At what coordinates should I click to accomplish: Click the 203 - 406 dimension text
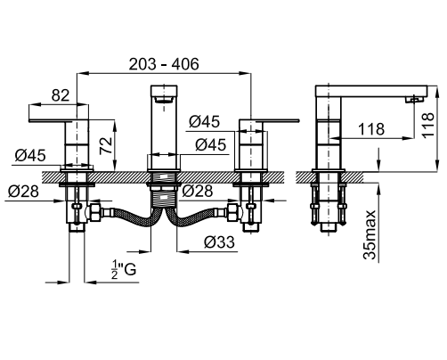(164, 64)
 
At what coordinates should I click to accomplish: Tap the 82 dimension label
(61, 95)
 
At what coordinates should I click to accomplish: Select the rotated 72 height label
(106, 145)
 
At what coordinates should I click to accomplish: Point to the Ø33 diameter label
(219, 242)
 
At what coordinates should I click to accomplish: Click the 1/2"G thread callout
(124, 269)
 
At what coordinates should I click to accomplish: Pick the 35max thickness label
(370, 234)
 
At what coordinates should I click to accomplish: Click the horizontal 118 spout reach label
(371, 129)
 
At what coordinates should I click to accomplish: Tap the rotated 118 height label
(427, 125)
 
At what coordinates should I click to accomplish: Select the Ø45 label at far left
(30, 155)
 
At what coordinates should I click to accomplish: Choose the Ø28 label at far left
(23, 191)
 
